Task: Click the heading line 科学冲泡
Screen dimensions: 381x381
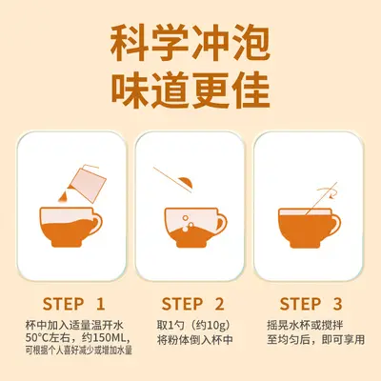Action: point(190,45)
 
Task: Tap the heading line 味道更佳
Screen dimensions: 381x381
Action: point(190,90)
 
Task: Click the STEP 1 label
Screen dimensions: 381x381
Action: point(73,304)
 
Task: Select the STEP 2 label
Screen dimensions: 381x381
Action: point(192,304)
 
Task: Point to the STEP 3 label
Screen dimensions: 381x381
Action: point(311,304)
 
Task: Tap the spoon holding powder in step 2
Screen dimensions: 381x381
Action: point(174,180)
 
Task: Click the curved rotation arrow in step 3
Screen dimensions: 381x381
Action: point(327,192)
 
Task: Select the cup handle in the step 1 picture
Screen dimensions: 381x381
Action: point(96,222)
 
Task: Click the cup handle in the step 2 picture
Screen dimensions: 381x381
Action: point(221,222)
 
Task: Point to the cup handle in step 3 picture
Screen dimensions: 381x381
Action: point(334,223)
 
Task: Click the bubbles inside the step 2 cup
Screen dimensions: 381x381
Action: point(188,223)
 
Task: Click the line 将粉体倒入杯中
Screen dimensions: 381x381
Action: point(195,340)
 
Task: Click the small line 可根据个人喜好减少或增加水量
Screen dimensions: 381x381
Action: point(79,351)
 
